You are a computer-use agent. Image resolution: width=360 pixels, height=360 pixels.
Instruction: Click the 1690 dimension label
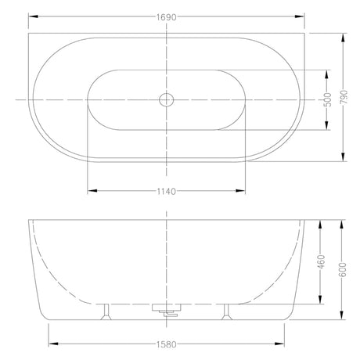(167, 17)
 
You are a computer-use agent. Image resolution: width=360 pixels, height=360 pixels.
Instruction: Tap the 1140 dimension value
(167, 192)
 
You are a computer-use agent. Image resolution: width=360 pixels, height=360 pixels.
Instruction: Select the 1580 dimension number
(167, 344)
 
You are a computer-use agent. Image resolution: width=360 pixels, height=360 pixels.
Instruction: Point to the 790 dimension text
(344, 97)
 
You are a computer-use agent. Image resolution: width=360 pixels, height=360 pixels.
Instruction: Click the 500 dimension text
(327, 99)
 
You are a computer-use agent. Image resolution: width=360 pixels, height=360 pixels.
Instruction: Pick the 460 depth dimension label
(321, 261)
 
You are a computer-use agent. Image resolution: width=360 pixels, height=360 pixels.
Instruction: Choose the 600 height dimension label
(343, 269)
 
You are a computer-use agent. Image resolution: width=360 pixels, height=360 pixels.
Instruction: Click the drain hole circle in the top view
(167, 99)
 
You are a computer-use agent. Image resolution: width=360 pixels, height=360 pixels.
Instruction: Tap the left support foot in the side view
(106, 311)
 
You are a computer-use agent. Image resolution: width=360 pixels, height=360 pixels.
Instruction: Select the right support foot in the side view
(226, 311)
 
